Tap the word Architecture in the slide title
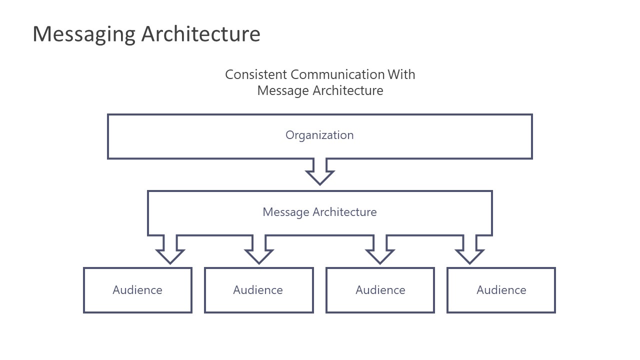click(200, 34)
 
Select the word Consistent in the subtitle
click(256, 74)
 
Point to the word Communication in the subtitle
click(337, 74)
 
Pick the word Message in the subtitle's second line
click(283, 90)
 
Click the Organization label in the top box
click(319, 135)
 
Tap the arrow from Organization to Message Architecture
click(320, 172)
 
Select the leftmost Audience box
click(137, 290)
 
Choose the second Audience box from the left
click(259, 290)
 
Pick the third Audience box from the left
click(380, 290)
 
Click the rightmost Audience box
click(501, 290)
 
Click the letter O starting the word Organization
click(289, 135)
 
